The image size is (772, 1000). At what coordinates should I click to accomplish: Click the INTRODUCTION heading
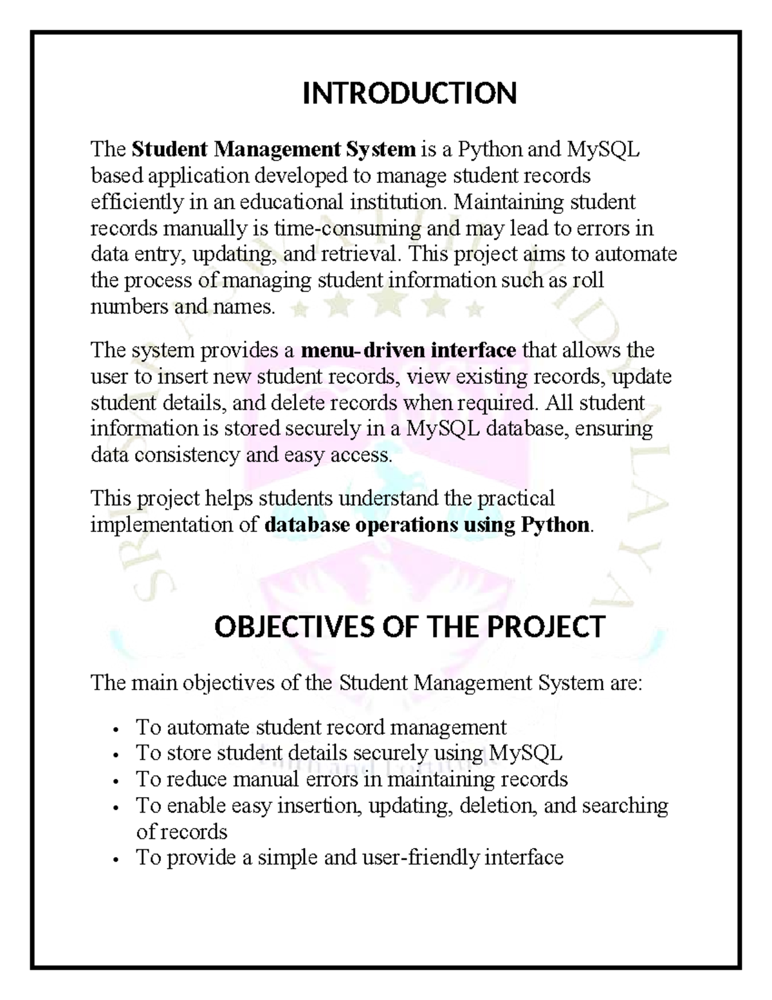pos(410,93)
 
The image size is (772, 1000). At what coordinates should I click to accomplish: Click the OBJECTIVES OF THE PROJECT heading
pos(409,627)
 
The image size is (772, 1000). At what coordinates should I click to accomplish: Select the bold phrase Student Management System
pos(273,149)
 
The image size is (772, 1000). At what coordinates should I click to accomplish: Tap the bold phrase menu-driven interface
pos(409,350)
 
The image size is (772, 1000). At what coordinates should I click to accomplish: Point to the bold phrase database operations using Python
pos(427,525)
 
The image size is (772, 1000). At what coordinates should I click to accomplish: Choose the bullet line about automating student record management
pos(321,727)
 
